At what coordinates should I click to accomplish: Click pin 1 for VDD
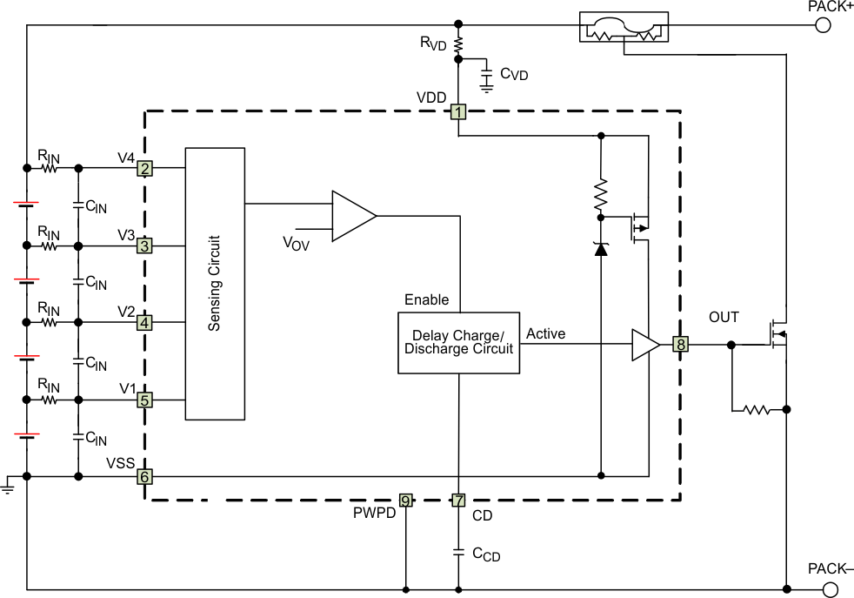458,111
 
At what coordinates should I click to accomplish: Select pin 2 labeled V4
145,169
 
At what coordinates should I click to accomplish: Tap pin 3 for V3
145,246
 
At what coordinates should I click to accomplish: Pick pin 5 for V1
145,400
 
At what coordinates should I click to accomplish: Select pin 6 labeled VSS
145,477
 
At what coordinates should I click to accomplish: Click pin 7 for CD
458,501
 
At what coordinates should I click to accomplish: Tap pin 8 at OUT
681,345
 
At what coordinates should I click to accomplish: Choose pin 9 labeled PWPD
405,501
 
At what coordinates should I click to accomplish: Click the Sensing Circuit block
215,283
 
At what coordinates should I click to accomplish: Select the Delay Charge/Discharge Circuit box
458,343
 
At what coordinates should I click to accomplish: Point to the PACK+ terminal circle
822,25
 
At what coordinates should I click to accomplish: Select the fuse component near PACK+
624,29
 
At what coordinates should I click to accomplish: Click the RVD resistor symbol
458,44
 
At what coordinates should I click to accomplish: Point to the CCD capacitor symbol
458,552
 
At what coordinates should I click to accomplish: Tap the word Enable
426,300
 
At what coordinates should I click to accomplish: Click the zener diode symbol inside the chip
600,248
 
